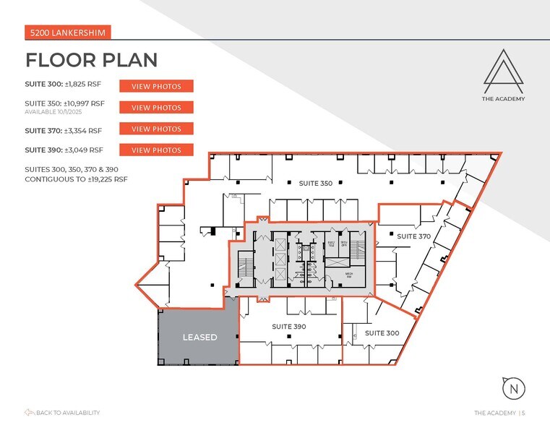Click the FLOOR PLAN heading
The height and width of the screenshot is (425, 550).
92,59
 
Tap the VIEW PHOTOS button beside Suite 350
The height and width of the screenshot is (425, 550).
156,108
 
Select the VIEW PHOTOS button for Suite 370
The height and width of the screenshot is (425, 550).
156,129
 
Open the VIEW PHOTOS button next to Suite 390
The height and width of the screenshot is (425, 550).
156,150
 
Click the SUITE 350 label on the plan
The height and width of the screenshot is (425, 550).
316,184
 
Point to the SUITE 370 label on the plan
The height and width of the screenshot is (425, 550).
414,236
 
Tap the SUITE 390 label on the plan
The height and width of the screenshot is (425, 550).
289,327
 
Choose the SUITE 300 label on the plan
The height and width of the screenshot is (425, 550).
382,333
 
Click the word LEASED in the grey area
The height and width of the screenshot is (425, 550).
199,338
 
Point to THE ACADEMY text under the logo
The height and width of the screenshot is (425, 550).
504,99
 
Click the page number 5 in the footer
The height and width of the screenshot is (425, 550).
523,413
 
